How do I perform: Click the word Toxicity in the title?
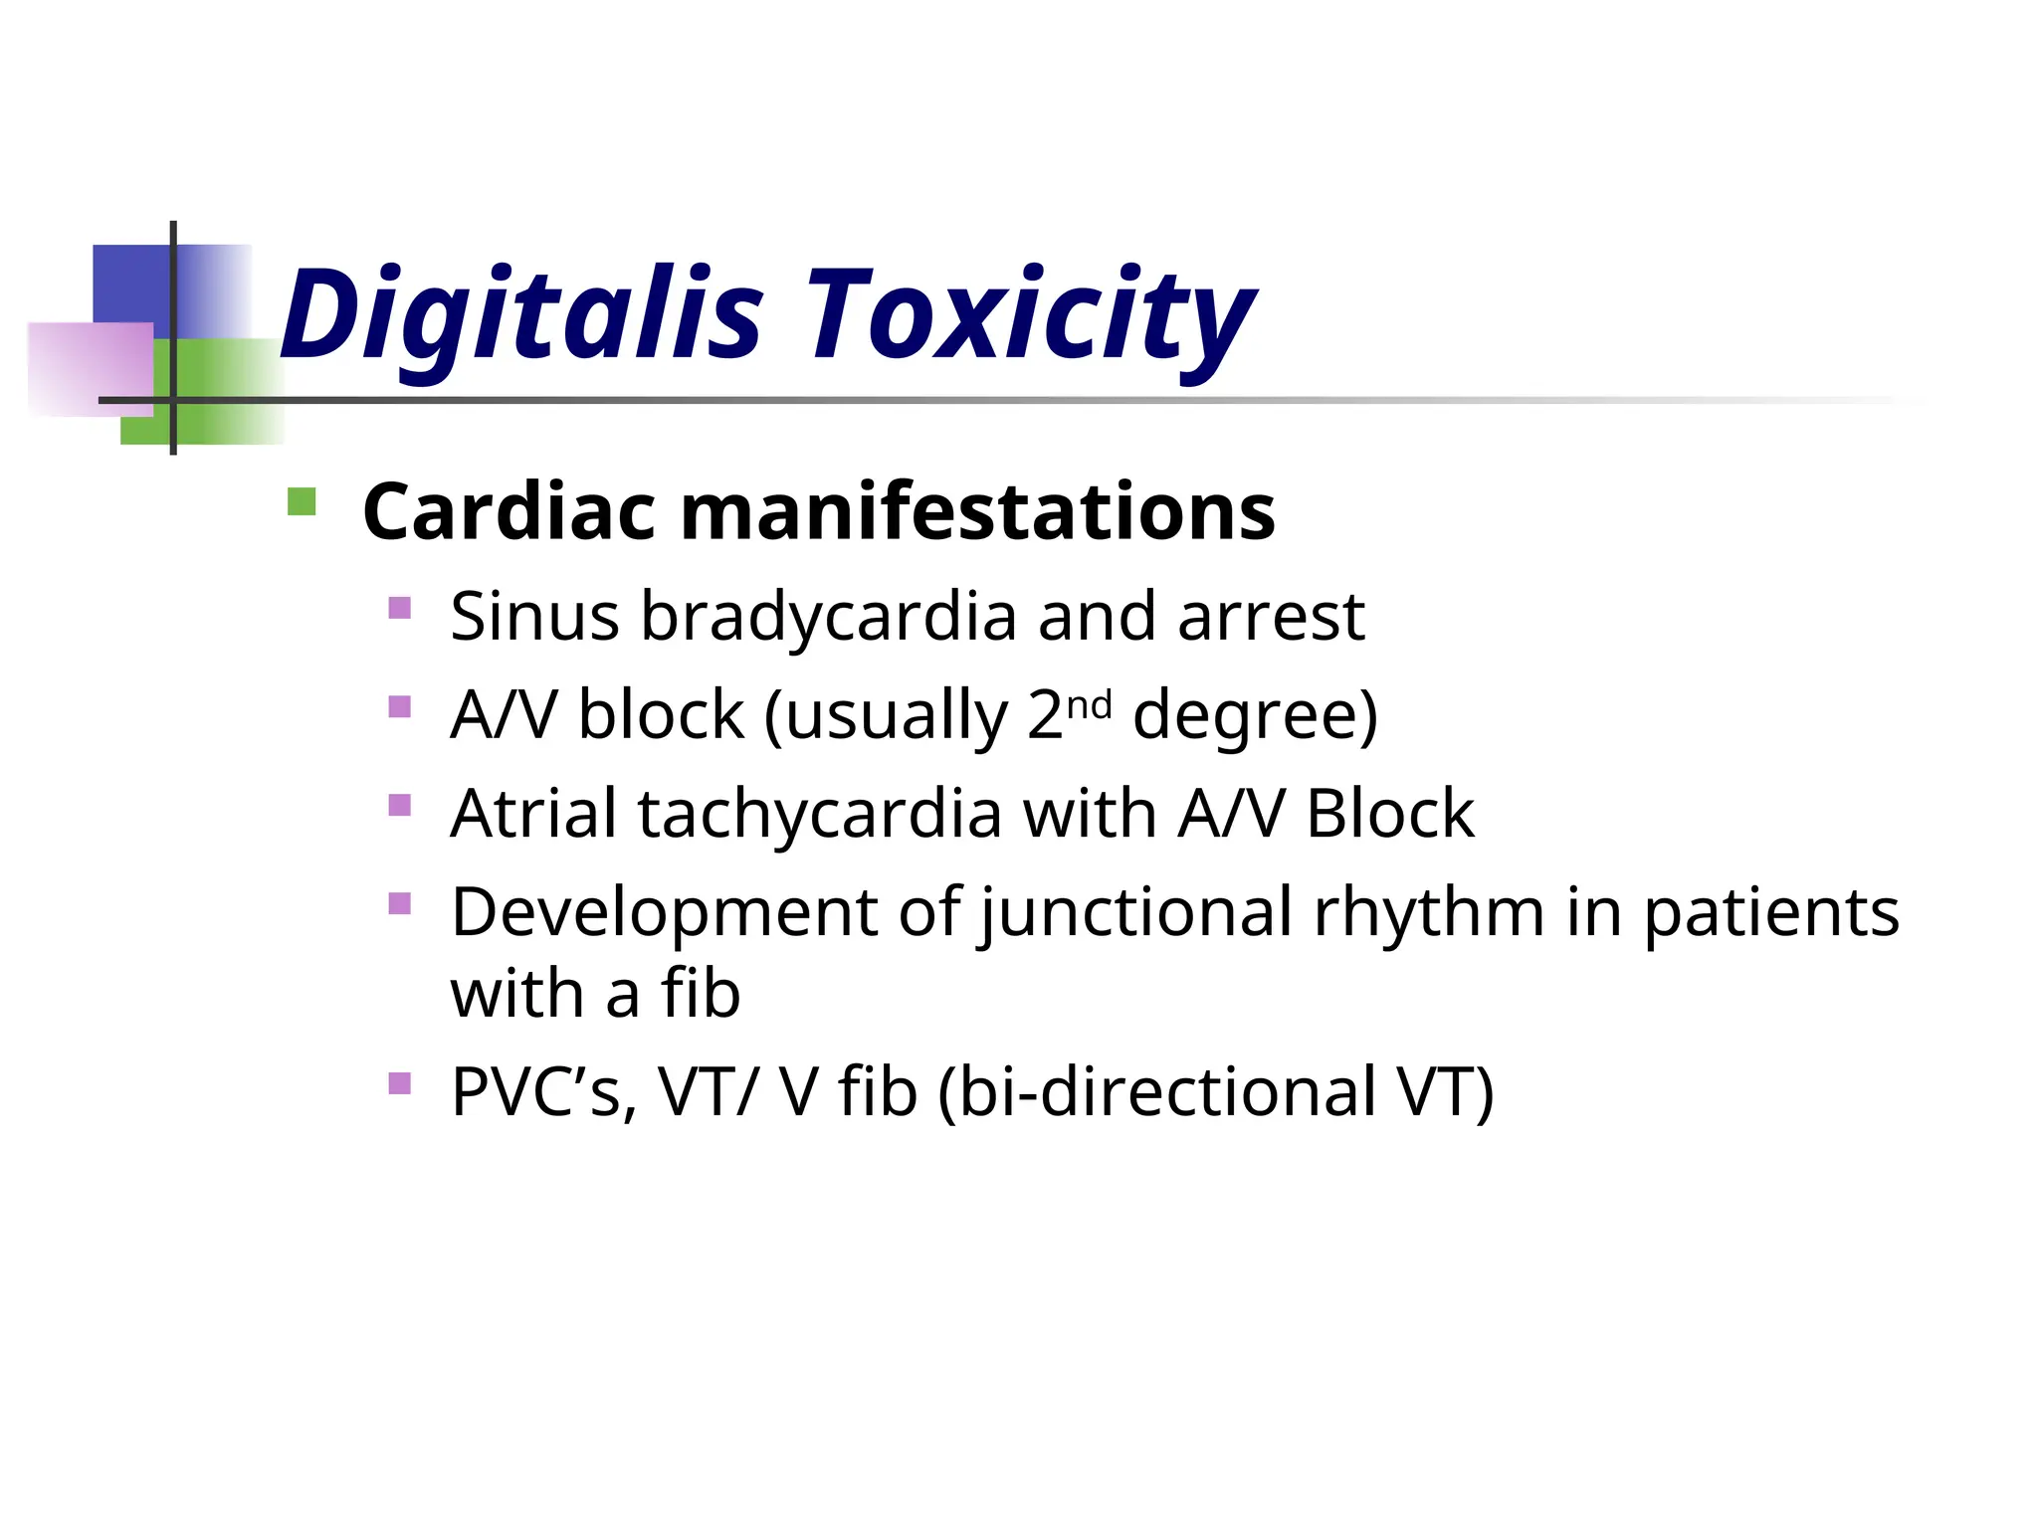[x=1029, y=316]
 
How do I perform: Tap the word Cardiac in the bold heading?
[x=509, y=512]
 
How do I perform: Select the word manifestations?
[x=976, y=512]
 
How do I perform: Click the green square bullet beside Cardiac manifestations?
[x=301, y=501]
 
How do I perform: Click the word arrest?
[x=1271, y=617]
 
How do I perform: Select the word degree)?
[x=1255, y=715]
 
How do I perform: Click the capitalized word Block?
[x=1389, y=814]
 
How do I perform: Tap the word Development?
[x=665, y=912]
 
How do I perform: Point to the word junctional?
[x=1135, y=912]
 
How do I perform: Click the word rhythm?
[x=1429, y=912]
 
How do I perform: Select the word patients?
[x=1771, y=912]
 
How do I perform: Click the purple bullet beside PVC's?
[x=399, y=1082]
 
